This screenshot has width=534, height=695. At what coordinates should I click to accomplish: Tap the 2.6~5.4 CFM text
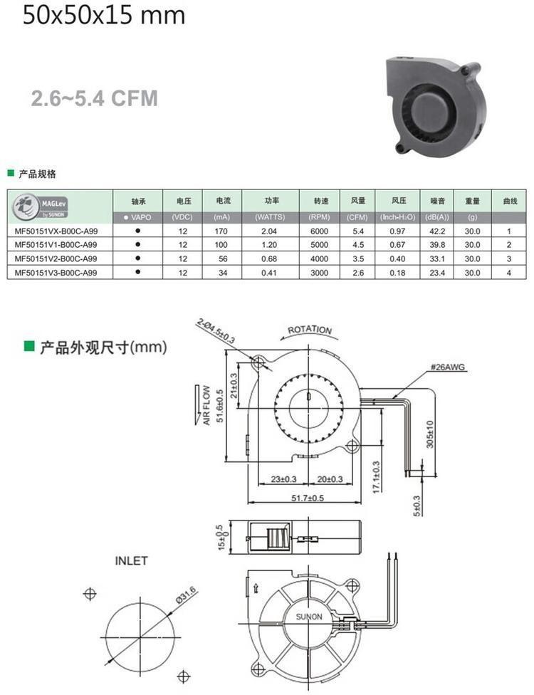tap(95, 98)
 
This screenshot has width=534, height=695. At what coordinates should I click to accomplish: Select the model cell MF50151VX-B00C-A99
tap(56, 231)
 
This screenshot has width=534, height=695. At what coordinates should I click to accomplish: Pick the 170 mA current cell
tap(221, 231)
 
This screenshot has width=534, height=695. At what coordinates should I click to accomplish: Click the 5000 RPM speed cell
tap(319, 245)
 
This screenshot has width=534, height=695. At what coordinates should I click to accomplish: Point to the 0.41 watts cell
tap(269, 273)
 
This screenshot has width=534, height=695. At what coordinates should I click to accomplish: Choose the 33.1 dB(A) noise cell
tap(437, 258)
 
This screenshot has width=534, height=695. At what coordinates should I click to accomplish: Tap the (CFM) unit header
tap(357, 217)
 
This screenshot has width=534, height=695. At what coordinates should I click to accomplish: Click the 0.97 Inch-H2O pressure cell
tap(397, 231)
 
